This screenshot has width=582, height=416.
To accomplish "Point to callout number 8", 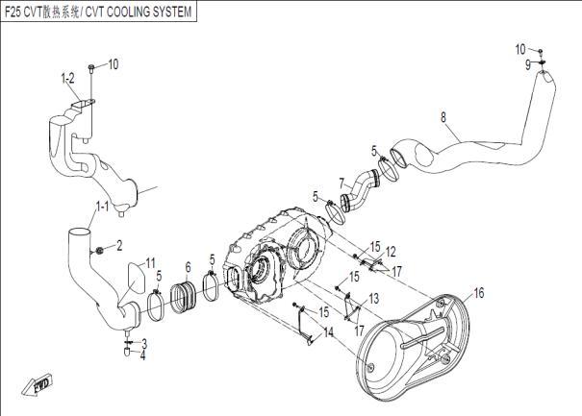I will point(443,118).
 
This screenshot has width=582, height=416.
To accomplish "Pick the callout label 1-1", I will point(101,207).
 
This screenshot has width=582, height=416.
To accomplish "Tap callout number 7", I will point(341,181).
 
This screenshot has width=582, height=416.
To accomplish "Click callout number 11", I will point(149,261).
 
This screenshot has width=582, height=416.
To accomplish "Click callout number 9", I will point(528,63).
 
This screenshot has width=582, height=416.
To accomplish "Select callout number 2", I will point(119,246).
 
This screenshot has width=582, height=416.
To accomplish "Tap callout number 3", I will point(143,342).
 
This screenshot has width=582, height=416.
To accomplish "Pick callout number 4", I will point(143,355).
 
